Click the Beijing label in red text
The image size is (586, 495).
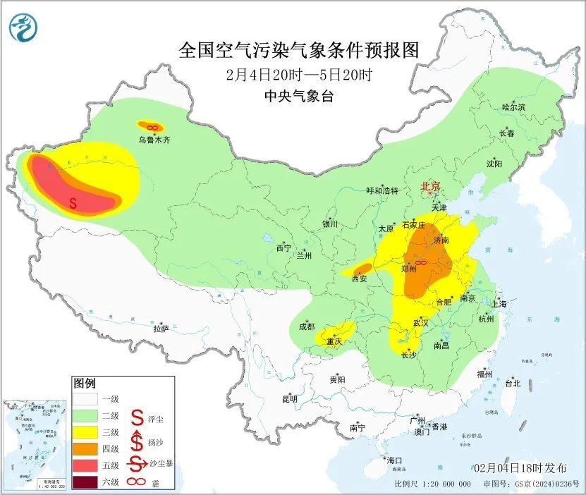430,186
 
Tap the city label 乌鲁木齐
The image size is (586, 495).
154,140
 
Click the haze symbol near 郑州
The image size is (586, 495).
420,263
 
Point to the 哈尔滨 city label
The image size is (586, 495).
513,107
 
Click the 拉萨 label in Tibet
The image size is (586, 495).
161,328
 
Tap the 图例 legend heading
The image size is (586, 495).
84,383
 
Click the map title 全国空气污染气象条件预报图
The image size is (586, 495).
299,51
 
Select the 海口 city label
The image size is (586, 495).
396,460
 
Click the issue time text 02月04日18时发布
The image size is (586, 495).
520,468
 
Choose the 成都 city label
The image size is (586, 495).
307,326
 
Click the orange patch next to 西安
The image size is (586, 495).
362,268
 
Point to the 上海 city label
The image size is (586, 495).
499,304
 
